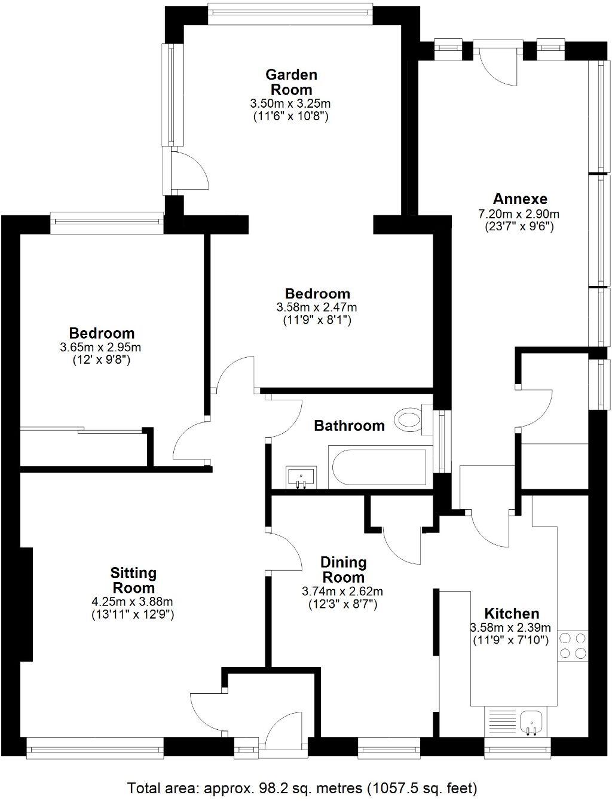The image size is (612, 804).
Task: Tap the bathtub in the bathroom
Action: tap(378, 467)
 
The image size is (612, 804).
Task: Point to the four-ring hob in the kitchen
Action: tap(572, 646)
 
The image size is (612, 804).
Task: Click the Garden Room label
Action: tap(291, 82)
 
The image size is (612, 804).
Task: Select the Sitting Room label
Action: tap(134, 580)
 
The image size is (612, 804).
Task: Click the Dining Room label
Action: tap(342, 569)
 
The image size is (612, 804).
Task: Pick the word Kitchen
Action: tap(511, 613)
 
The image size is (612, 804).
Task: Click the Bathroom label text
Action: tap(349, 426)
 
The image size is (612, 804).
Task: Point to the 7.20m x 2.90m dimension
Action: tap(519, 214)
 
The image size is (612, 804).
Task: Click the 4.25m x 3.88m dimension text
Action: tap(133, 602)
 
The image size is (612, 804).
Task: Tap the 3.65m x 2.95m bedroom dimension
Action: tap(101, 347)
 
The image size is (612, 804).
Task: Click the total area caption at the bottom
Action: tap(302, 787)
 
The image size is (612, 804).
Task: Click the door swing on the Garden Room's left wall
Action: tap(188, 170)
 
